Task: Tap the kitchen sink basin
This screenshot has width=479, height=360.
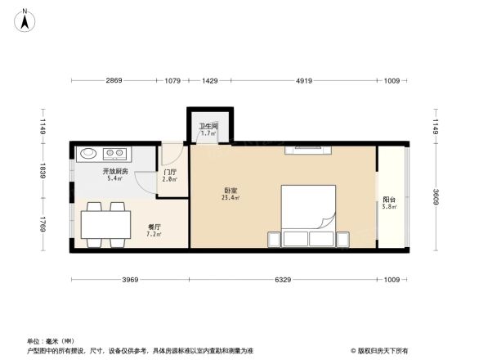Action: coord(88,152)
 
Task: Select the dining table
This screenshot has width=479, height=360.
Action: coord(105,223)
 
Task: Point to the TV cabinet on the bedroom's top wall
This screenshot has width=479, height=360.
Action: coord(307,149)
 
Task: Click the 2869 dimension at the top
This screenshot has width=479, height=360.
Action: coord(113,81)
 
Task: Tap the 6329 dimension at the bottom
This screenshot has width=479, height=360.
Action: coord(283,281)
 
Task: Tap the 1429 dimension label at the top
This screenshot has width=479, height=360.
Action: coord(210,81)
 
